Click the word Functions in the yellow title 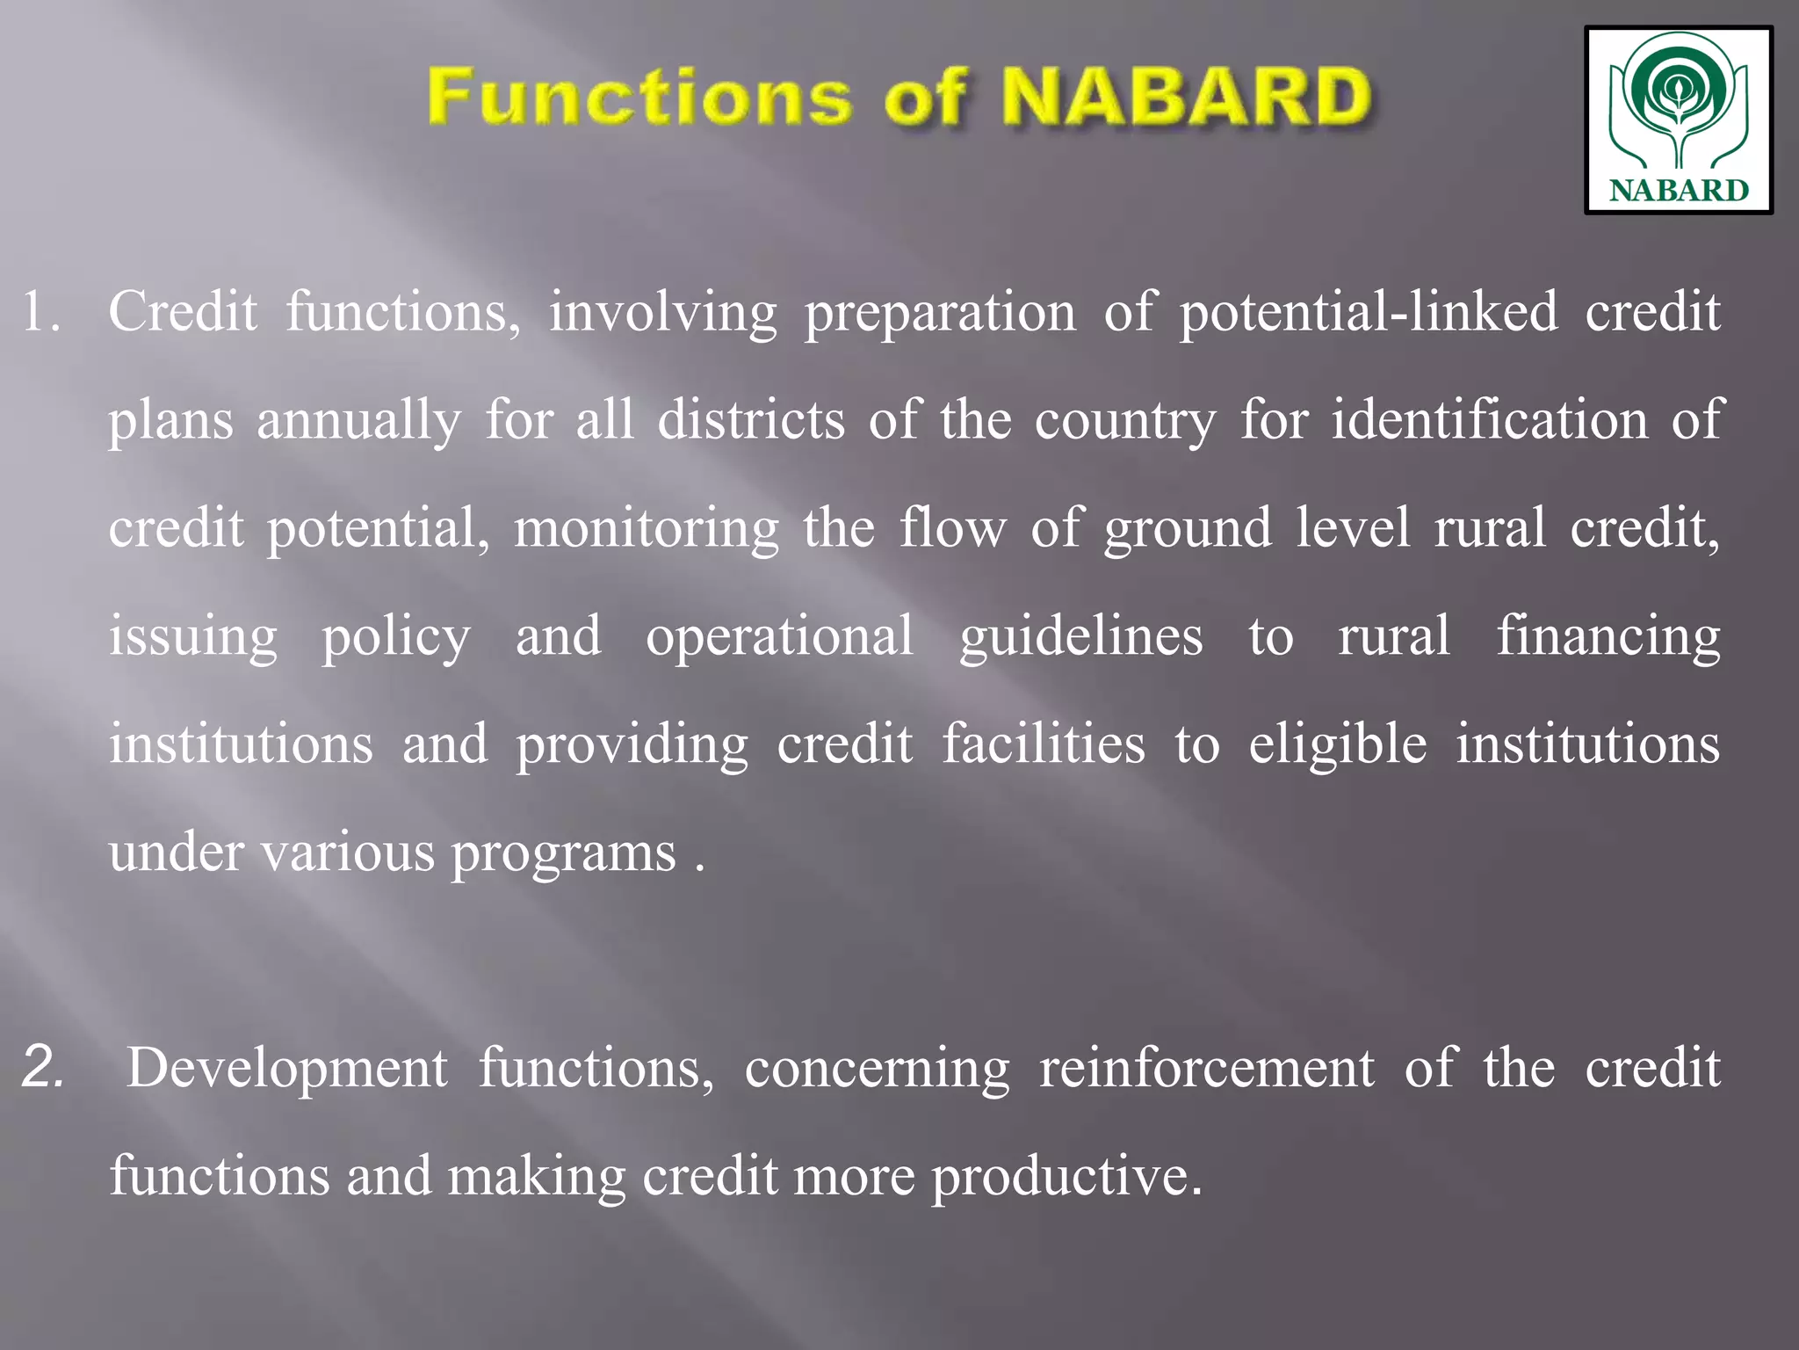coord(639,97)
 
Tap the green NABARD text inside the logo coord(1679,191)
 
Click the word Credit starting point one coord(183,312)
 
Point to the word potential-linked coord(1368,312)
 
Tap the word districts coord(751,420)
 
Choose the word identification coord(1490,420)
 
